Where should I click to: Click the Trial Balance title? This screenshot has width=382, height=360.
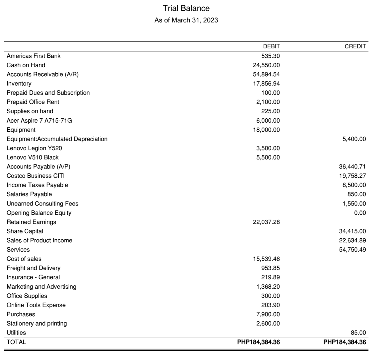(x=186, y=8)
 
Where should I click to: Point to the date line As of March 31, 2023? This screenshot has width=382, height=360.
(x=186, y=20)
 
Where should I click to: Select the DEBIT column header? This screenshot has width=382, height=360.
(x=271, y=46)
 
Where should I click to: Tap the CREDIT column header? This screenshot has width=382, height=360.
(x=355, y=46)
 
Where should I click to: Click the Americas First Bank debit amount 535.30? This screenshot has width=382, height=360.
(x=270, y=56)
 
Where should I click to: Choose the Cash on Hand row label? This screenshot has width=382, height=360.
(x=26, y=65)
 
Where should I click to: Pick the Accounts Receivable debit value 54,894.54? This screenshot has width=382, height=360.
(x=266, y=75)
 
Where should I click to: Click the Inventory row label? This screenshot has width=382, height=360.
(x=19, y=84)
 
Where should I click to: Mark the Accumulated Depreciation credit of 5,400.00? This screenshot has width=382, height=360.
(x=354, y=139)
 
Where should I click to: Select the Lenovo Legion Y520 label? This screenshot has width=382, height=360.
(x=34, y=148)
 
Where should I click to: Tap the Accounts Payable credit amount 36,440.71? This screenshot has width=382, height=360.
(x=352, y=167)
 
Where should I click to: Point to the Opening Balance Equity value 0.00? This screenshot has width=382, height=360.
(x=360, y=213)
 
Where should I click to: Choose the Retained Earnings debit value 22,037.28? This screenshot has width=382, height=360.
(x=266, y=222)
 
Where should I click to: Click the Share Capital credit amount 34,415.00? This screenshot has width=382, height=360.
(x=352, y=231)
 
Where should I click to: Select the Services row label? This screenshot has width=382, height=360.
(x=18, y=250)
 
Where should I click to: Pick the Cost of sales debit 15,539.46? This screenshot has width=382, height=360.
(x=266, y=259)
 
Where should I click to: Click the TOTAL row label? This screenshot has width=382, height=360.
(x=16, y=342)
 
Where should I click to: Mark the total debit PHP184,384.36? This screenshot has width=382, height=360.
(x=258, y=342)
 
